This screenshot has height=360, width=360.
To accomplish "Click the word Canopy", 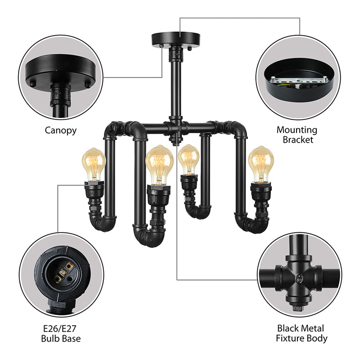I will coord(60,130).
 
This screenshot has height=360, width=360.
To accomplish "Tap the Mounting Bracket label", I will coord(297,135).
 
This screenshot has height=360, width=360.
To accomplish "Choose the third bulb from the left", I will coord(189,160).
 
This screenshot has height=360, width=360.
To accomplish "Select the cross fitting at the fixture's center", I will coord(177,128).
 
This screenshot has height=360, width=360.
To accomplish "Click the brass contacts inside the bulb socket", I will coord(63,273).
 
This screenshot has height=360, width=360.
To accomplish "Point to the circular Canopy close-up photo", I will coord(61,79).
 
